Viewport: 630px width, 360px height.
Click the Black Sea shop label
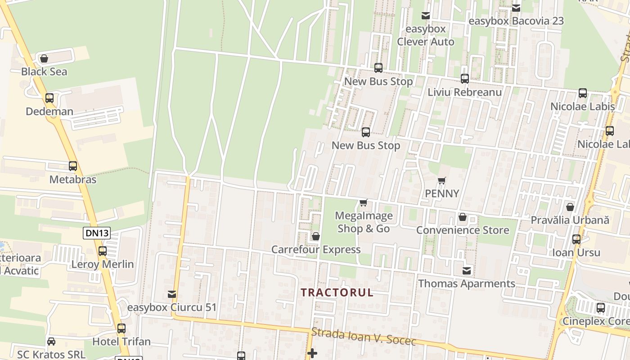point(44,72)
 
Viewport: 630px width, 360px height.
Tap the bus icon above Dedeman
point(49,98)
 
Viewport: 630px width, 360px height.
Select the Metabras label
point(73,180)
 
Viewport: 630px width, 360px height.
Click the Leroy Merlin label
point(103,264)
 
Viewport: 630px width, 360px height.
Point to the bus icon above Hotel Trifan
point(121,328)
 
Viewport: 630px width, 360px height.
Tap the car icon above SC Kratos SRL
point(51,342)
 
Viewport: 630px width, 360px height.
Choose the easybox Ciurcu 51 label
point(172,308)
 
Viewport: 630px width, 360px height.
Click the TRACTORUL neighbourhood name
point(337,292)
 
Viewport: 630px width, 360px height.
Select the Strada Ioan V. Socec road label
point(364,337)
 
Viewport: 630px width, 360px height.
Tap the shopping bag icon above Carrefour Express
point(316,236)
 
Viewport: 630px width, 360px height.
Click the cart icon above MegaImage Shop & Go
point(364,203)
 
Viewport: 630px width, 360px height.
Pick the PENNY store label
point(442,193)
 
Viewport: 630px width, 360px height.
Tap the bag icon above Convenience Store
point(462,217)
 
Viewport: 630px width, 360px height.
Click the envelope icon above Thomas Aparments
point(467,271)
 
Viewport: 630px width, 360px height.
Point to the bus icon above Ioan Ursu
point(576,239)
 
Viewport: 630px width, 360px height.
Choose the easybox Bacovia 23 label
point(516,21)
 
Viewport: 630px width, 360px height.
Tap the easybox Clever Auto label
point(425,36)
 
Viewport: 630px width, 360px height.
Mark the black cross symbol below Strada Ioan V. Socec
point(312,353)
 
